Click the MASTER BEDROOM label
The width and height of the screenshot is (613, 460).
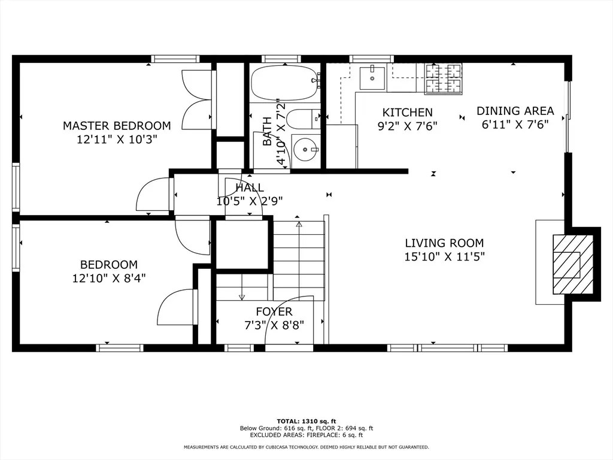tap(117, 126)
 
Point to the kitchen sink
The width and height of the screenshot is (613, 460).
tap(372, 78)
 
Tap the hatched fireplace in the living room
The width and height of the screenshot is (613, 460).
tap(572, 264)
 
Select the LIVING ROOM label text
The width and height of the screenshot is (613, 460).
tap(444, 243)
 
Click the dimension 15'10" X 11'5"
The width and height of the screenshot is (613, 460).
tap(444, 257)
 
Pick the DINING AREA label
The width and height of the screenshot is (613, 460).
tap(515, 111)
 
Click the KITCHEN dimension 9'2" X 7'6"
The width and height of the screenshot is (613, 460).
tap(407, 126)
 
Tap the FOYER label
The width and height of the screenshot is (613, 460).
tap(274, 311)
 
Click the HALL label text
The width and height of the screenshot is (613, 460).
tap(250, 188)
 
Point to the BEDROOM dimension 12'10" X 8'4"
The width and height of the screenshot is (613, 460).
tap(109, 278)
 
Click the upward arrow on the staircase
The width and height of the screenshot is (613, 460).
tap(299, 225)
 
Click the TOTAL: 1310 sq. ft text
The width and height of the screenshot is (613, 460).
tap(306, 420)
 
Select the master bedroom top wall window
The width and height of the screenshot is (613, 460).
tap(175, 59)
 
